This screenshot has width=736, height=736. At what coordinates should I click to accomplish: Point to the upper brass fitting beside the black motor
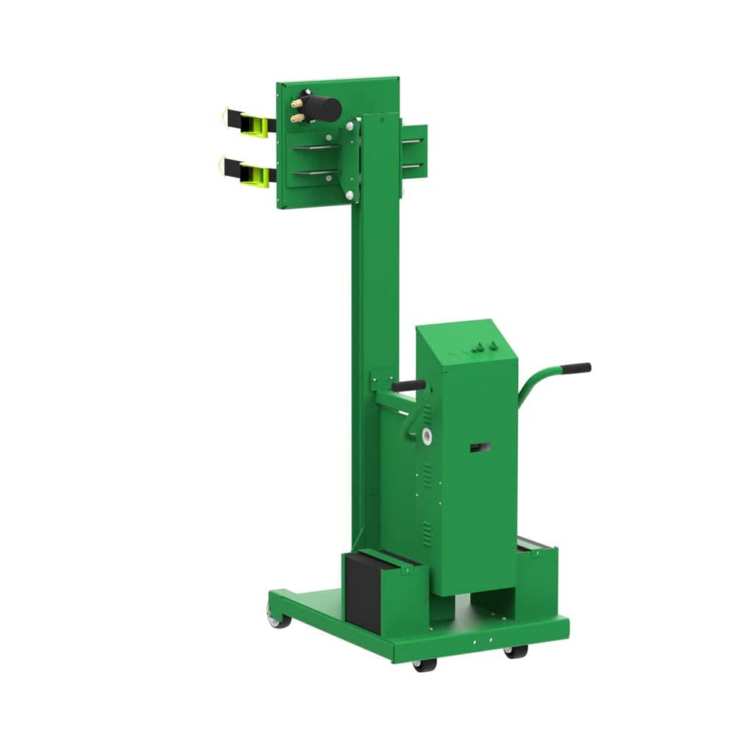[x=296, y=105]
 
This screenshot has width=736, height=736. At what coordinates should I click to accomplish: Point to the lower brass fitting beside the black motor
[x=296, y=118]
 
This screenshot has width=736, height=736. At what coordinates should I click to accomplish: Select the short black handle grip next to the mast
[x=408, y=385]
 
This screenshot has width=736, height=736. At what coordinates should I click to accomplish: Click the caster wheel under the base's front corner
[x=424, y=665]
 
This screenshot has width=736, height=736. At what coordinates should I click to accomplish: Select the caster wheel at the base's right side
[x=514, y=652]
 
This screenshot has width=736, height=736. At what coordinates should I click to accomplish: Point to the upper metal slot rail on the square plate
[x=316, y=148]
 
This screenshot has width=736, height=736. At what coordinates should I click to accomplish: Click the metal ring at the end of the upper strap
[x=224, y=116]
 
